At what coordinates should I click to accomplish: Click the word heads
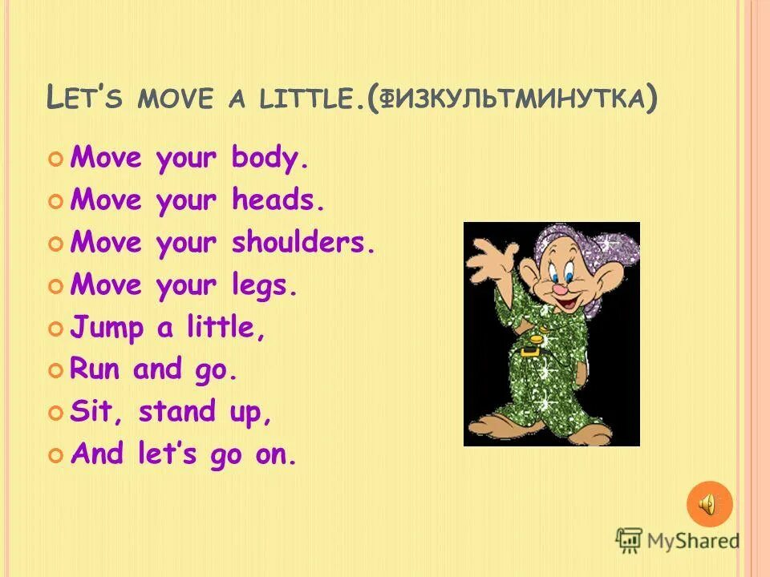278,200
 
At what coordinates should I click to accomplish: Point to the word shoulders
303,243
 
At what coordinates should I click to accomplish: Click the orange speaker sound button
709,504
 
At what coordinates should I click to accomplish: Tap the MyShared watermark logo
678,540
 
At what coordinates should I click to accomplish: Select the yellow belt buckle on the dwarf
529,350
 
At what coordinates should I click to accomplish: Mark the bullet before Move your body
55,159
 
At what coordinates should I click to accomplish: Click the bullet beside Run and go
55,370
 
